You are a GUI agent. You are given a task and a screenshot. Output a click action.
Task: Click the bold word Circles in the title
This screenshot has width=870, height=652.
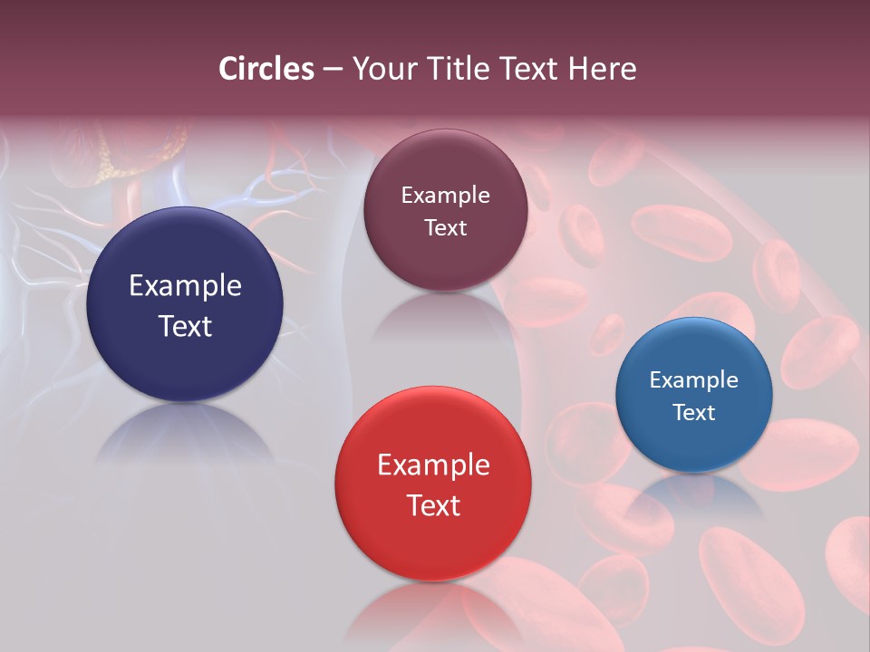266,69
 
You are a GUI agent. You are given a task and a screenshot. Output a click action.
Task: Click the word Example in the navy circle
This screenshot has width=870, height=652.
185,286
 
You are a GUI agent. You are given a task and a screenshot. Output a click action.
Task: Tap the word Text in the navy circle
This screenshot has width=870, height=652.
185,327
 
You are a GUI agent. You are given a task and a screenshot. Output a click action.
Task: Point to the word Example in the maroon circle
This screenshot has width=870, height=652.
445,196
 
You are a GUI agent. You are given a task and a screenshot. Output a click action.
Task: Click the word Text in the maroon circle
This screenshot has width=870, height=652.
445,228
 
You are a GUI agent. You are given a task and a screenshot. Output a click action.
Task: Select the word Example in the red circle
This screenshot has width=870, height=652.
433,465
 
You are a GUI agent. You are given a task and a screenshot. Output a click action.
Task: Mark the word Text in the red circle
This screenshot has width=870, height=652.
433,505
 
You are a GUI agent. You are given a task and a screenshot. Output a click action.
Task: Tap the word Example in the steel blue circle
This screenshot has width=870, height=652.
694,380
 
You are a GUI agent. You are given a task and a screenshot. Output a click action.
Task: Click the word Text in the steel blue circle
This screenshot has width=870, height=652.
694,413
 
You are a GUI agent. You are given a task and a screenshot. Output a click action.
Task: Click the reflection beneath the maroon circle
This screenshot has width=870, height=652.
444,313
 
